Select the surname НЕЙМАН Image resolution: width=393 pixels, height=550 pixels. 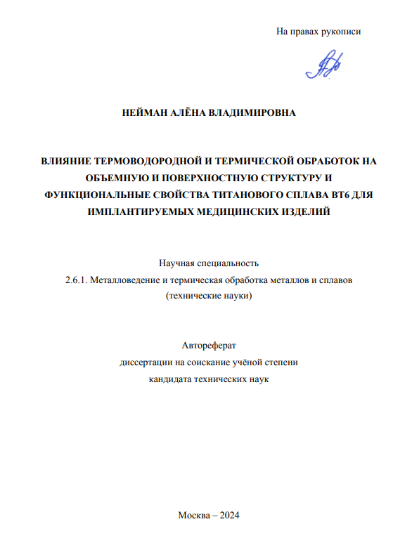[143, 112]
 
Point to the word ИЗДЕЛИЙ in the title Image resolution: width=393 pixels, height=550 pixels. [306, 211]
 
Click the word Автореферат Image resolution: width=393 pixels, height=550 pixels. [209, 346]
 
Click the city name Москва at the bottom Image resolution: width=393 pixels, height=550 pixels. [194, 515]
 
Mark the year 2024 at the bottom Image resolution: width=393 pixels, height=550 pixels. [229, 515]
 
